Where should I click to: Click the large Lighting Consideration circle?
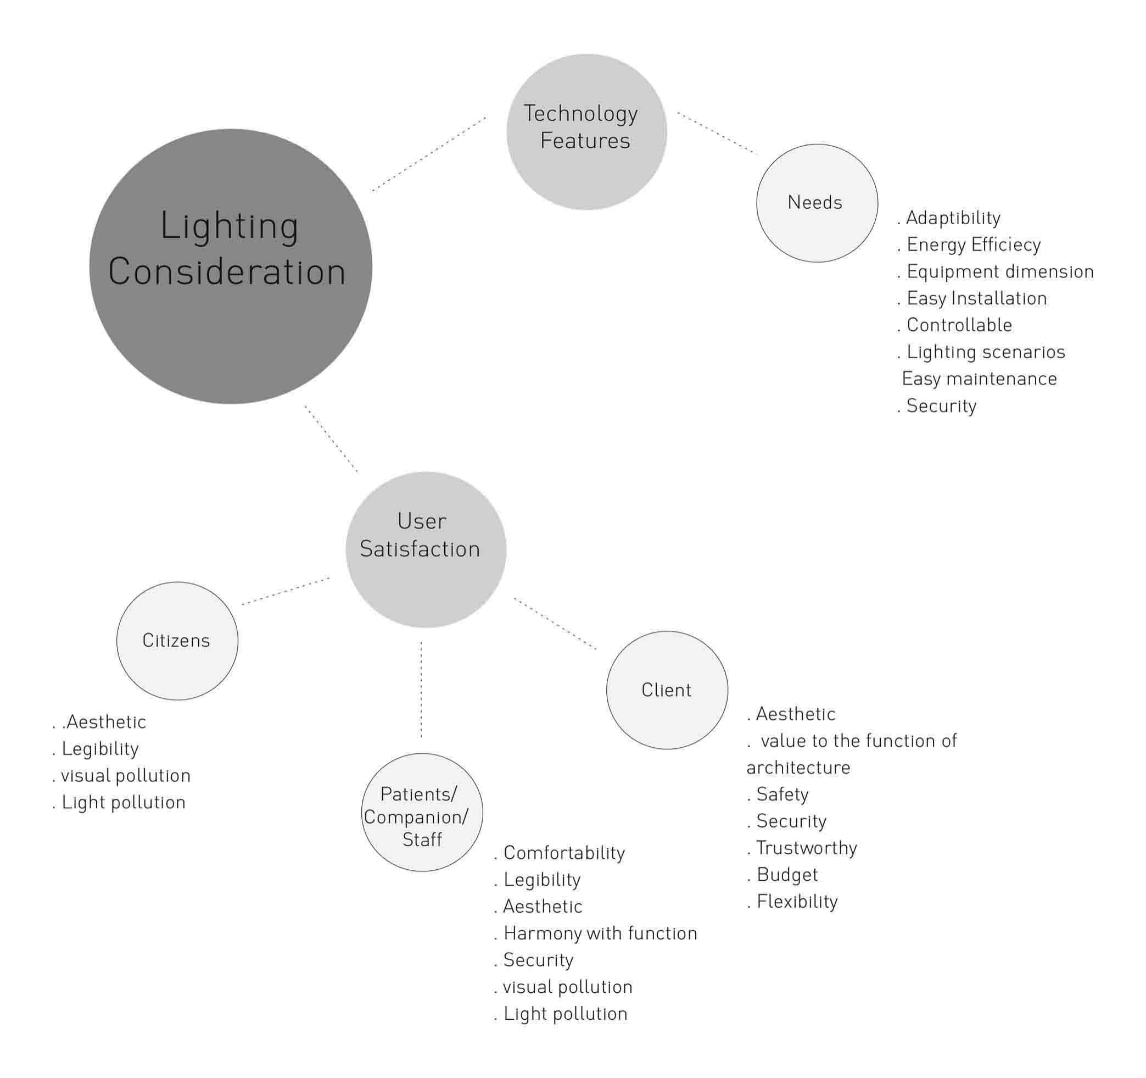[x=231, y=266]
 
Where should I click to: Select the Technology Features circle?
[x=586, y=131]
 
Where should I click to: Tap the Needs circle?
[x=817, y=203]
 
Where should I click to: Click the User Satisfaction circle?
[x=426, y=549]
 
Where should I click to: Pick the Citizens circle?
[x=177, y=641]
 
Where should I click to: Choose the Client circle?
[x=667, y=691]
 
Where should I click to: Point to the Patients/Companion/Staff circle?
[x=422, y=812]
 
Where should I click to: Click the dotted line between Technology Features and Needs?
[x=717, y=132]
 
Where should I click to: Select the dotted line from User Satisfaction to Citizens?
[x=286, y=591]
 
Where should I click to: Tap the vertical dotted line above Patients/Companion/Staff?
[x=421, y=689]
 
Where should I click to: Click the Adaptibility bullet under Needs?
[x=953, y=218]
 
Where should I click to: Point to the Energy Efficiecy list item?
[x=973, y=245]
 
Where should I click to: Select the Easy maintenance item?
[x=979, y=379]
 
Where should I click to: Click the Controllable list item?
[x=959, y=325]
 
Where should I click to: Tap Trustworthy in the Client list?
[x=806, y=848]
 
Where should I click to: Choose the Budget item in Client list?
[x=787, y=875]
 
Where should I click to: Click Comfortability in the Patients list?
[x=563, y=853]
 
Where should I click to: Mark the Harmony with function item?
[x=600, y=933]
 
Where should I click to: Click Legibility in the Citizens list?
[x=100, y=749]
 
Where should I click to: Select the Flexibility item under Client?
[x=797, y=902]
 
